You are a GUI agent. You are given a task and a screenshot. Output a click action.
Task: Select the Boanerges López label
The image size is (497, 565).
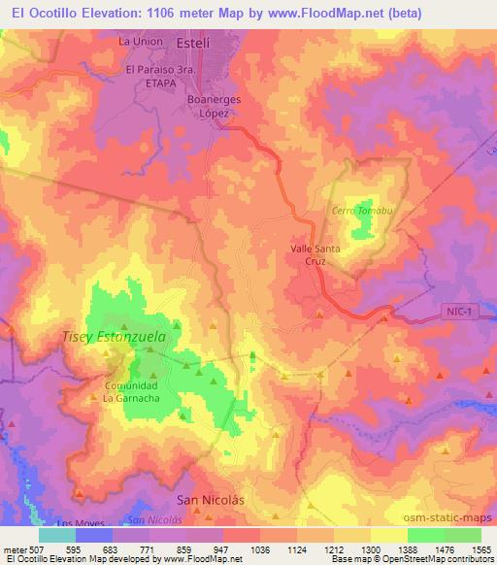coord(214,106)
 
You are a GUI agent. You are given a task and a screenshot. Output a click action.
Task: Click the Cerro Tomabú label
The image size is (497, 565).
coord(358,212)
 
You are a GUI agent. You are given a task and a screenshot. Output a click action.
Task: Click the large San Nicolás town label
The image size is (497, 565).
coord(209,499)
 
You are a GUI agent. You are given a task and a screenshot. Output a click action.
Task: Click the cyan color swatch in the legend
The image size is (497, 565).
coord(57,535)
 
